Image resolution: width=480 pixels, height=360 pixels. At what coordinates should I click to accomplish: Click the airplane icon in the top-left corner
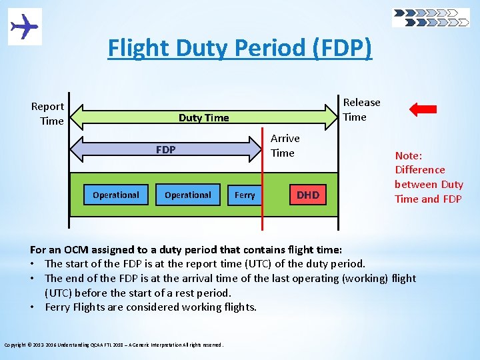coord(25,27)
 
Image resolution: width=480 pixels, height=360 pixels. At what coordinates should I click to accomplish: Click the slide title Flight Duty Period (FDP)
coord(240,49)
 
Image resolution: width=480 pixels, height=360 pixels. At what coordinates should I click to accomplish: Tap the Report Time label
coord(48,113)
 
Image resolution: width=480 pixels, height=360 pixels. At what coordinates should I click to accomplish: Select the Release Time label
coord(361,109)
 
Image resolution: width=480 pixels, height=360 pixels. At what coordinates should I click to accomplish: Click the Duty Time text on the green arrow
coord(203,118)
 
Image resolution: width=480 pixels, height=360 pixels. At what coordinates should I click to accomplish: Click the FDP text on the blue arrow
coord(165,150)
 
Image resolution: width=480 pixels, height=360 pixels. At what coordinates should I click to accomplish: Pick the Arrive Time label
coord(285,145)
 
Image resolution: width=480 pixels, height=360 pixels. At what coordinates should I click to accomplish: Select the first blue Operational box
coord(116,195)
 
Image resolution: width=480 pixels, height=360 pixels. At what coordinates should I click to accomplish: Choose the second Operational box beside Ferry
coord(188,195)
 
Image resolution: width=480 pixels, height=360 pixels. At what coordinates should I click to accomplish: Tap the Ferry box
coord(245,195)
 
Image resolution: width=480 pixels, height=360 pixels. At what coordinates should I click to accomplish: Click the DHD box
coord(308,195)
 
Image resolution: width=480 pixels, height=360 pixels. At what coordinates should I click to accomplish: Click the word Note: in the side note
coord(409,155)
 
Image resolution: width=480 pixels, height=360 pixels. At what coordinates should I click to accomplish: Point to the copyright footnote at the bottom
coord(114,345)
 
